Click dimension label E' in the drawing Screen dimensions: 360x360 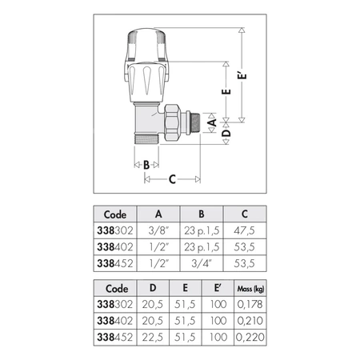point(242,75)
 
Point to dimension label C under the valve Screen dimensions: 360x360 point(172,179)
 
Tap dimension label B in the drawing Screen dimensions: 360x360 point(146,165)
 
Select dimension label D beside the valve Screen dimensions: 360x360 point(226,133)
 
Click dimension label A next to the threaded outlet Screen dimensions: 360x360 point(213,122)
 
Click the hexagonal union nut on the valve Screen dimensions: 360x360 point(172,122)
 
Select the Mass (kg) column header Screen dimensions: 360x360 point(250,289)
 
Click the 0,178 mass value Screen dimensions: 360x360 point(250,304)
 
